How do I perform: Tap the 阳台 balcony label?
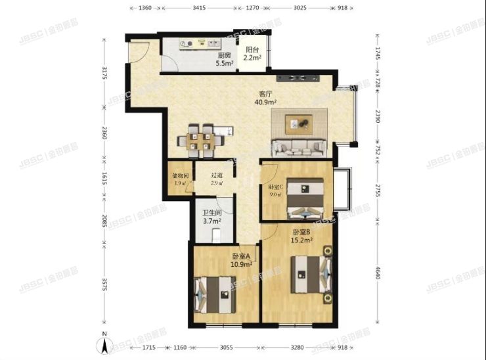tap(252, 53)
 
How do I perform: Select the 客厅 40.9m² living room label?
tap(265, 99)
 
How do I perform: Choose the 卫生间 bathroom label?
tap(211, 217)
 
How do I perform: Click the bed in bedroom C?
tap(306, 198)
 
